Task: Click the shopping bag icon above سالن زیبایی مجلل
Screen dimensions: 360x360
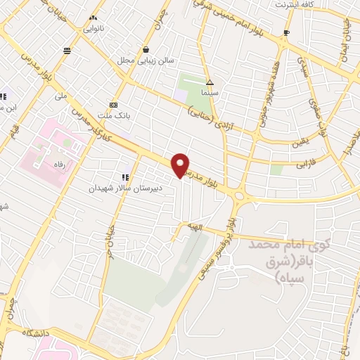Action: click(x=146, y=49)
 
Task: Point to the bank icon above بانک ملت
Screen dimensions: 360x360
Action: click(x=114, y=103)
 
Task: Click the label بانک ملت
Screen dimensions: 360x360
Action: click(x=114, y=115)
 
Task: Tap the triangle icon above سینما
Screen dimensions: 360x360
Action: click(x=209, y=82)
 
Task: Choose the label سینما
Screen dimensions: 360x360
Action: click(x=209, y=93)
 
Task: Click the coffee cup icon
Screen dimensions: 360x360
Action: click(x=286, y=33)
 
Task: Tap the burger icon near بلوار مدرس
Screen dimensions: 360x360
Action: click(x=66, y=50)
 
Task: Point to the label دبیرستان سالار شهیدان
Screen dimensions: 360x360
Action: click(x=125, y=188)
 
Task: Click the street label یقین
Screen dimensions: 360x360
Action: click(x=282, y=141)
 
